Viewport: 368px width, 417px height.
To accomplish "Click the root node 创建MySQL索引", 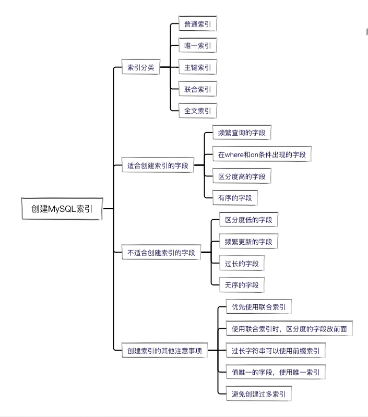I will coord(62,209).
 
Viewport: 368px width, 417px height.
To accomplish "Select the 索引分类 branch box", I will coord(141,67).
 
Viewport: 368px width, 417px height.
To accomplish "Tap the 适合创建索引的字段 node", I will coord(158,166).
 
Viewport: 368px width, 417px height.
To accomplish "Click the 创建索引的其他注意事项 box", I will coord(164,351).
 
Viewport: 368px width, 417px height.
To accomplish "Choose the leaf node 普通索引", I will coord(197,24).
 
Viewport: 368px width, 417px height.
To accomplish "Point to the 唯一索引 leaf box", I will coord(197,46).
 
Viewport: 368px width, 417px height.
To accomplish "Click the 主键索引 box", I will coord(197,68).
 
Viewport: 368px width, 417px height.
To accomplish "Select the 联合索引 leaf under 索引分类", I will coord(197,89).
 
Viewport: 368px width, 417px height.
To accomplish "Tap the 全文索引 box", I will coord(197,111).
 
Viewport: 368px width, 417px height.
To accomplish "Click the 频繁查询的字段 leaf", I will coord(242,133).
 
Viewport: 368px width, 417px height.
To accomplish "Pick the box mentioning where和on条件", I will coord(262,154).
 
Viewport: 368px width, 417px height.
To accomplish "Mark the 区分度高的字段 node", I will coord(242,176).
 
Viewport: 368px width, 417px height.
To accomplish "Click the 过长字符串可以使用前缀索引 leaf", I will coord(276,351).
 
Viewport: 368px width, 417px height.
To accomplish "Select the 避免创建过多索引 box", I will coord(258,394).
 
